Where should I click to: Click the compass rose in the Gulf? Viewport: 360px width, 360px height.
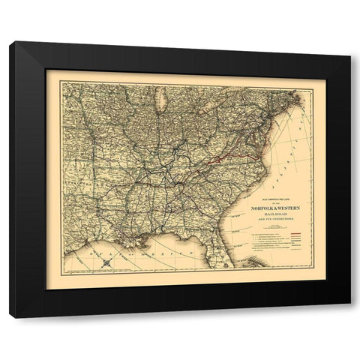click(x=108, y=262)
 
